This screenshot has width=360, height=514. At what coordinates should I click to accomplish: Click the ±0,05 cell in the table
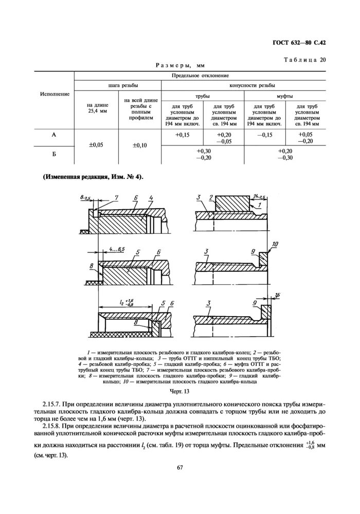click(97, 145)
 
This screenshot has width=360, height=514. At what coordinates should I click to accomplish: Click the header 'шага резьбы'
click(118, 85)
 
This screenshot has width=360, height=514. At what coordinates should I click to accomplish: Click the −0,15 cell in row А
click(264, 135)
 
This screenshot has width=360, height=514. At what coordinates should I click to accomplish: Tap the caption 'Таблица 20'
click(304, 60)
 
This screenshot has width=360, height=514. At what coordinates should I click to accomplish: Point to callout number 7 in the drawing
click(117, 197)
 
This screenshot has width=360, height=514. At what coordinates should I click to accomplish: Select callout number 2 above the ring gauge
click(211, 197)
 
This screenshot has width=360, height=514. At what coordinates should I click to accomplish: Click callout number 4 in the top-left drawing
click(152, 197)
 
